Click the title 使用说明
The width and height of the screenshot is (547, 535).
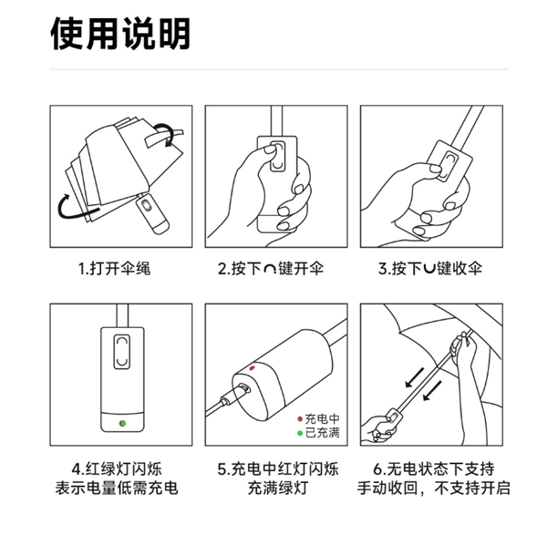click(x=120, y=34)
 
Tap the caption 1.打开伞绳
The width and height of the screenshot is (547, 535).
click(x=120, y=269)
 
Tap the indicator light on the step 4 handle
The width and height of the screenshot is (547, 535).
click(x=121, y=422)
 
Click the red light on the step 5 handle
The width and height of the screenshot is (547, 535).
click(x=253, y=369)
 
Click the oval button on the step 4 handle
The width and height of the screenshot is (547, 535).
click(x=120, y=349)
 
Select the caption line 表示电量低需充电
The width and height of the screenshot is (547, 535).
click(x=120, y=489)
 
